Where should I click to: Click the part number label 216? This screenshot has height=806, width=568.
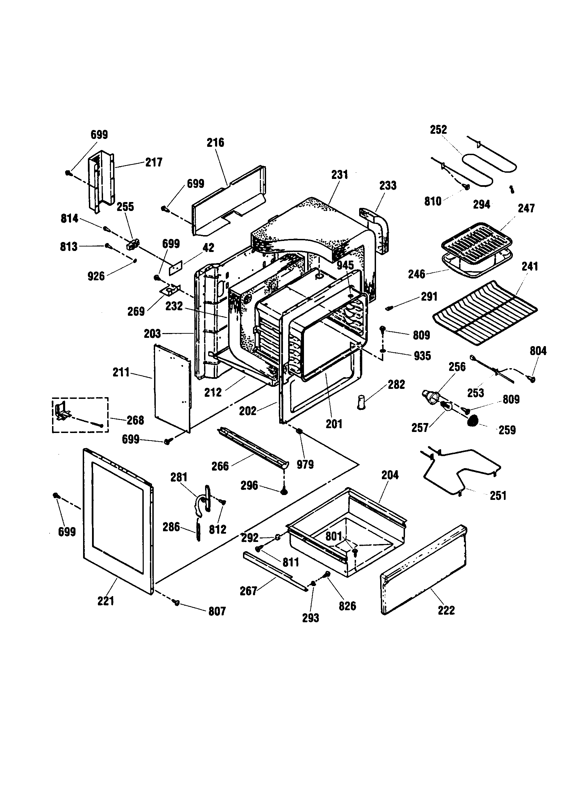(215, 143)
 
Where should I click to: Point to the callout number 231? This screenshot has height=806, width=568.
(339, 175)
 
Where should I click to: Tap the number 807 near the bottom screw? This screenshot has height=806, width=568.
(217, 612)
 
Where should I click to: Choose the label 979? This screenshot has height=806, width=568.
(305, 464)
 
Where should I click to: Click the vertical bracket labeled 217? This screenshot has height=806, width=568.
(101, 181)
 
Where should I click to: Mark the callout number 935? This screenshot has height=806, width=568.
(422, 356)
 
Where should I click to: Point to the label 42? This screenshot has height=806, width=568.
(208, 248)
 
